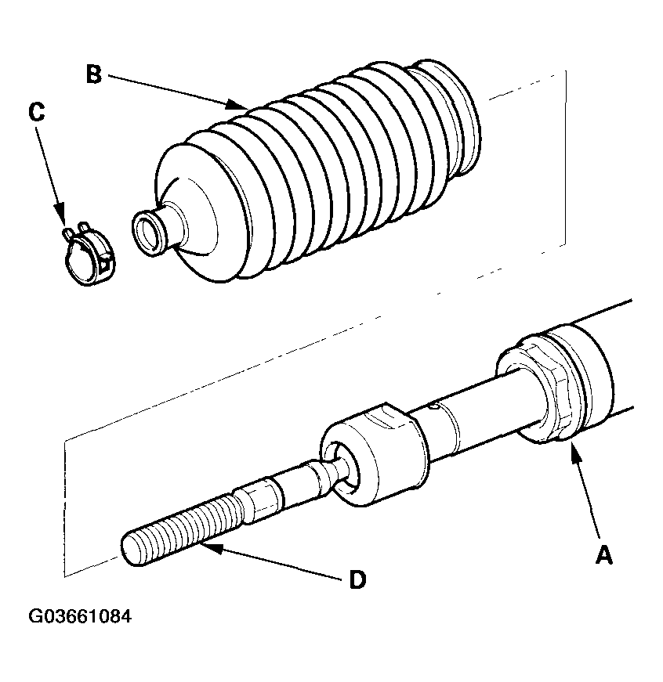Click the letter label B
tap(93, 75)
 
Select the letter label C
tap(36, 112)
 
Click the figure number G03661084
tap(80, 616)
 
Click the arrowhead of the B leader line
tap(242, 106)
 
